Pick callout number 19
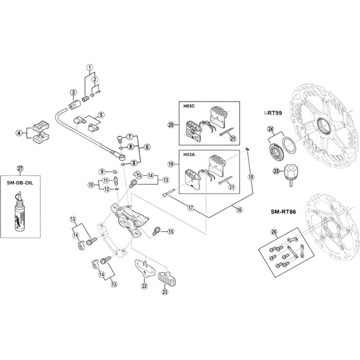click(171, 165)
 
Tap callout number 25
click(276, 171)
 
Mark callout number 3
click(72, 92)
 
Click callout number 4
click(18, 133)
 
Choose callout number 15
click(171, 232)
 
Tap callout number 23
click(165, 292)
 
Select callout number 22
click(144, 285)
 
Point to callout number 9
click(103, 171)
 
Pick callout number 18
click(251, 177)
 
